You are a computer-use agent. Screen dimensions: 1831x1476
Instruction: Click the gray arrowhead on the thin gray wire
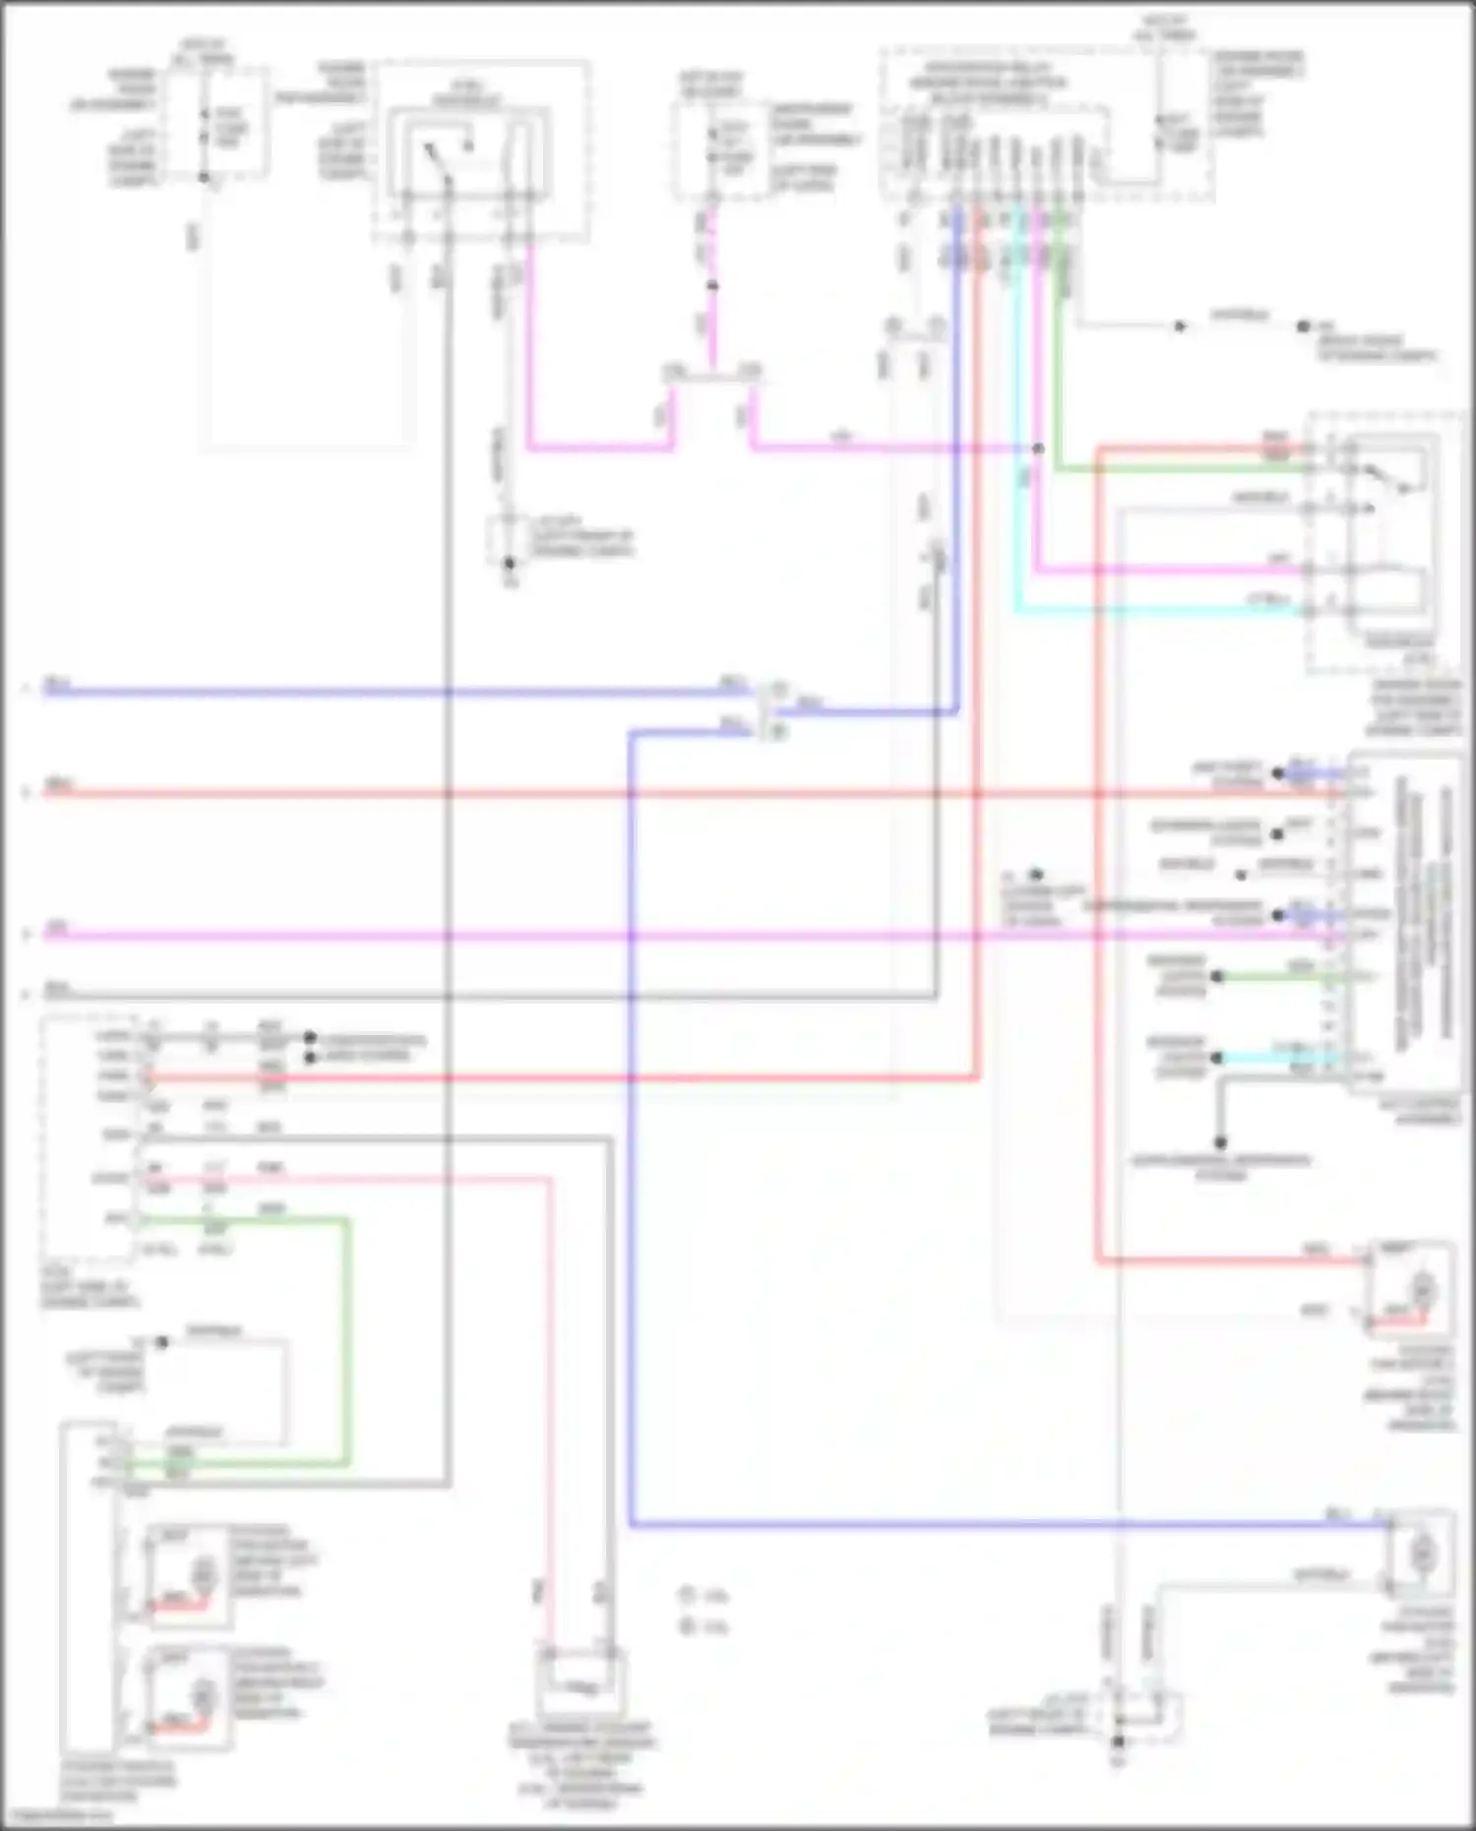pyautogui.click(x=1180, y=326)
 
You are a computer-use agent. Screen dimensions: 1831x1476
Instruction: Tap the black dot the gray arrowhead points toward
pyautogui.click(x=1303, y=326)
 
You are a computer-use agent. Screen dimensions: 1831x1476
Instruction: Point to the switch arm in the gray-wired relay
pyautogui.click(x=434, y=157)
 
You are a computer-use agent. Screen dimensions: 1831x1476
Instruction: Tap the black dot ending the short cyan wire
pyautogui.click(x=1217, y=1058)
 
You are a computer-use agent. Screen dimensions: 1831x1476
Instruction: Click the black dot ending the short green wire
pyautogui.click(x=1217, y=976)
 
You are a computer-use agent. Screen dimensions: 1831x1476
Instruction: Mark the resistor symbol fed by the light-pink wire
pyautogui.click(x=581, y=1686)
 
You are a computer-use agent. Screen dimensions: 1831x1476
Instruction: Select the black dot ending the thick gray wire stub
pyautogui.click(x=1220, y=1142)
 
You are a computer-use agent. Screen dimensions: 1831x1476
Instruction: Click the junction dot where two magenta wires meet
pyautogui.click(x=1037, y=449)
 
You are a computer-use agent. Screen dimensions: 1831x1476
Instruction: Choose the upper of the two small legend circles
pyautogui.click(x=686, y=1595)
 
